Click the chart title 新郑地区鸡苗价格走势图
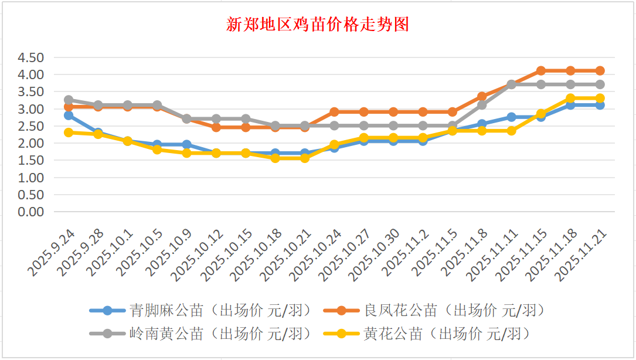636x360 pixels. (x=317, y=25)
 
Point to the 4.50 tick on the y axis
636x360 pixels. (x=31, y=57)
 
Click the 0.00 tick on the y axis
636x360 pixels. (x=31, y=212)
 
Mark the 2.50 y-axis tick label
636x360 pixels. (x=31, y=126)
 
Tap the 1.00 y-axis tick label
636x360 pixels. (x=31, y=178)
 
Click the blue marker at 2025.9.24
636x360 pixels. (x=69, y=116)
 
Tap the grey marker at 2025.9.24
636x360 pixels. (x=69, y=100)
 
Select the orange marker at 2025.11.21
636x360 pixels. (x=600, y=71)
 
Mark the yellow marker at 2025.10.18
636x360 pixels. (x=275, y=158)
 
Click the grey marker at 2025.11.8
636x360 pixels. (x=482, y=105)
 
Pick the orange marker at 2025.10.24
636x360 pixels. (x=334, y=112)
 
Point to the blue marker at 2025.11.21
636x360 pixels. (x=600, y=105)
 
